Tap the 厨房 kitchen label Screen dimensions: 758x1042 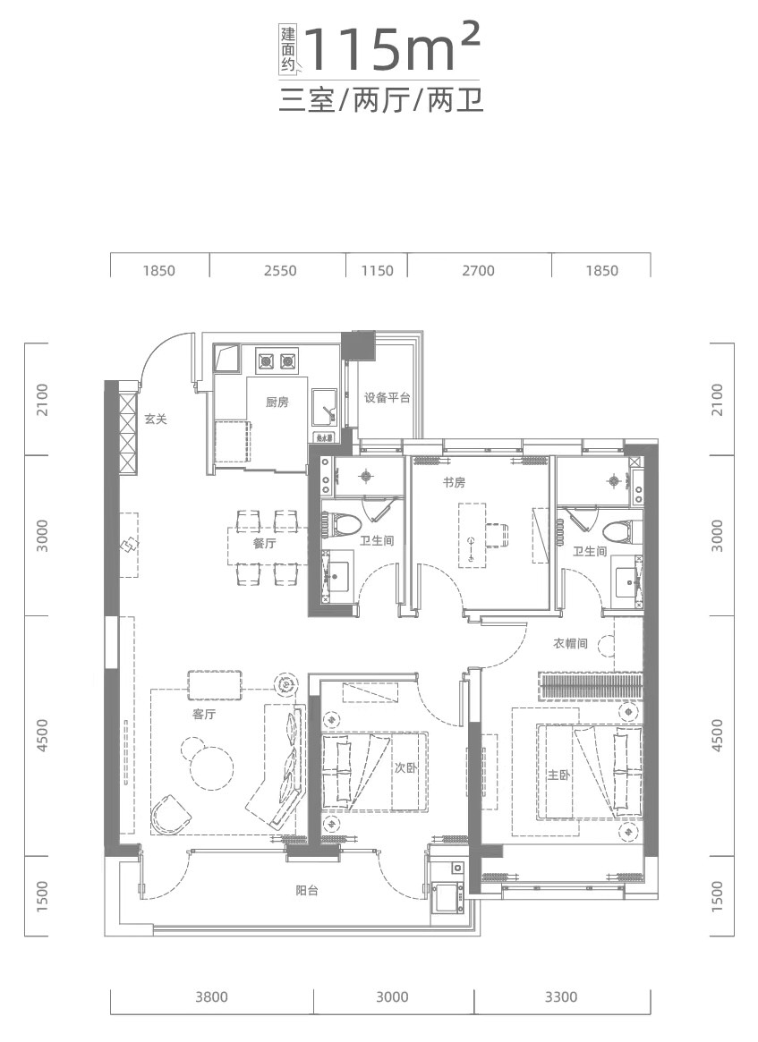pos(277,402)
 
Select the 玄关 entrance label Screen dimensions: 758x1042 pos(156,419)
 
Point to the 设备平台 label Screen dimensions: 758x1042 pos(387,398)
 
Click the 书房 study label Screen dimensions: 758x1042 pos(454,482)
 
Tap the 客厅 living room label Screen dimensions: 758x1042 pos(204,715)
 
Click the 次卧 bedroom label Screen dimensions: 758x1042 pos(405,768)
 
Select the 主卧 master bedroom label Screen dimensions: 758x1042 pos(559,775)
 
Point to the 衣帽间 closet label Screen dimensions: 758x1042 pos(570,643)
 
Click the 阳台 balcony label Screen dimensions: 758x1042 pos(307,891)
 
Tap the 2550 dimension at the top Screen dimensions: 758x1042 pos(280,270)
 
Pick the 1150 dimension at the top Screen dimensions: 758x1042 pos(377,270)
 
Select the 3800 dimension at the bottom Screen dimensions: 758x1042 pos(211,996)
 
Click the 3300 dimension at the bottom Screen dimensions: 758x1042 pos(561,996)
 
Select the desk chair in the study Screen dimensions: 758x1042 pos(498,534)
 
